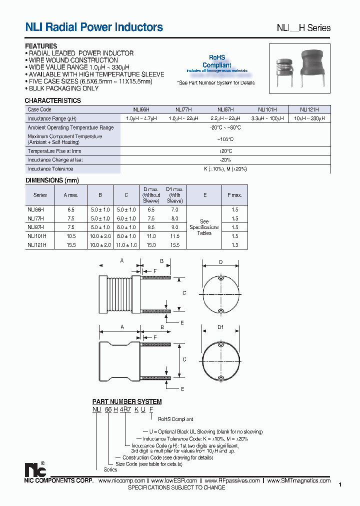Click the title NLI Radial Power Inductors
tap(94, 27)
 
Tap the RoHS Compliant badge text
tap(216, 61)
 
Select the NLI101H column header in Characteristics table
tap(268, 109)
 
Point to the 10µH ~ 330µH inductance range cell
tap(309, 118)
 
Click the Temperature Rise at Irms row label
tap(54, 151)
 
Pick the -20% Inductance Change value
tap(225, 160)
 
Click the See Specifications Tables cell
tap(204, 227)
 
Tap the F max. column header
tap(234, 195)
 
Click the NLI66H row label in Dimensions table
tap(36, 210)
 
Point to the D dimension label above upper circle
tap(220, 261)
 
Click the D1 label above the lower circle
tap(220, 327)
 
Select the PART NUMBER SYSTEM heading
tap(127, 401)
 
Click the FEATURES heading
tap(41, 46)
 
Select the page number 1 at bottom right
tap(340, 484)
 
